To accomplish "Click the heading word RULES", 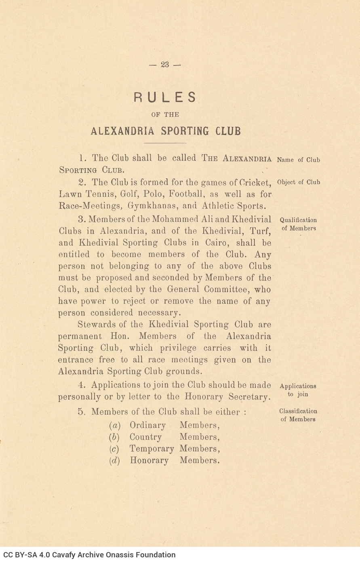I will pos(165,97).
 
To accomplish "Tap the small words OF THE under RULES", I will pos(165,114).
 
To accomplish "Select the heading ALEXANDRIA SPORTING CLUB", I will pos(166,131).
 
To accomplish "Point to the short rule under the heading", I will pos(165,143).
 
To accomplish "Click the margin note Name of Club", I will pos(298,160).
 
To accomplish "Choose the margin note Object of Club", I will pos(298,182).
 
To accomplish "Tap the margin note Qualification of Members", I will pos(299,224).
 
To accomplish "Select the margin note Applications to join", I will pos(298,390).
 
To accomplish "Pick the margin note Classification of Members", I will pos(298,415).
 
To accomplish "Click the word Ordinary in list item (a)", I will pos(147,426).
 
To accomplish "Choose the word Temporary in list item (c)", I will pos(152,449).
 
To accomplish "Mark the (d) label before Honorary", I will pos(115,461).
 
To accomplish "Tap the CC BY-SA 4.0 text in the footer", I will pos(27,555).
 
